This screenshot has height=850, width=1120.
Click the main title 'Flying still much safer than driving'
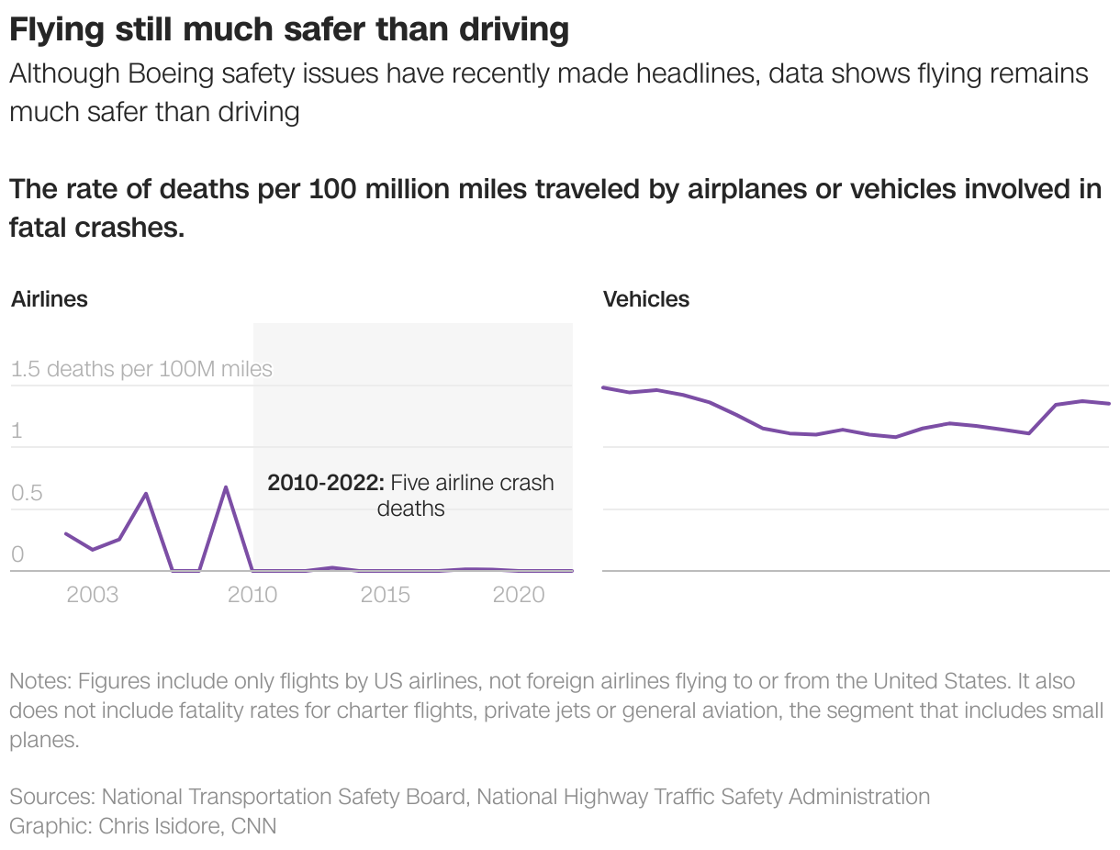click(x=289, y=30)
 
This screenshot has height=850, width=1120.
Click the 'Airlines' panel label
click(x=50, y=299)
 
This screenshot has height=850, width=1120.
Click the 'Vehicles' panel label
click(x=646, y=299)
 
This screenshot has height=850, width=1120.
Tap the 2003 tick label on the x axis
click(x=93, y=595)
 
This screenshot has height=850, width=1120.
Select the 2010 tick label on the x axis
click(x=252, y=595)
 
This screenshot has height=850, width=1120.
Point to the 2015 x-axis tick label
click(x=386, y=595)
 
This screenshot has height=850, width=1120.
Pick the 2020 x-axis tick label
click(x=520, y=595)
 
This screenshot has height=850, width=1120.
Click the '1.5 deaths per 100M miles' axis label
click(x=142, y=369)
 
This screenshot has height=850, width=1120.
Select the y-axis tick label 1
click(x=17, y=431)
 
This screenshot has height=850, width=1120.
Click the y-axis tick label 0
click(x=17, y=554)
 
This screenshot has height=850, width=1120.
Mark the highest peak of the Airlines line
click(x=226, y=487)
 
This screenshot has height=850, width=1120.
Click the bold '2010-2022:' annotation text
click(x=326, y=483)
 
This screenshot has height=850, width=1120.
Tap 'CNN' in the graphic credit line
click(x=254, y=825)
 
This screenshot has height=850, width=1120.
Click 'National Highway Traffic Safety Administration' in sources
click(x=703, y=796)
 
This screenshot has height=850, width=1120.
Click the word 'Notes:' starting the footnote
click(x=40, y=682)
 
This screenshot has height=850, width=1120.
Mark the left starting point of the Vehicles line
click(x=603, y=387)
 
